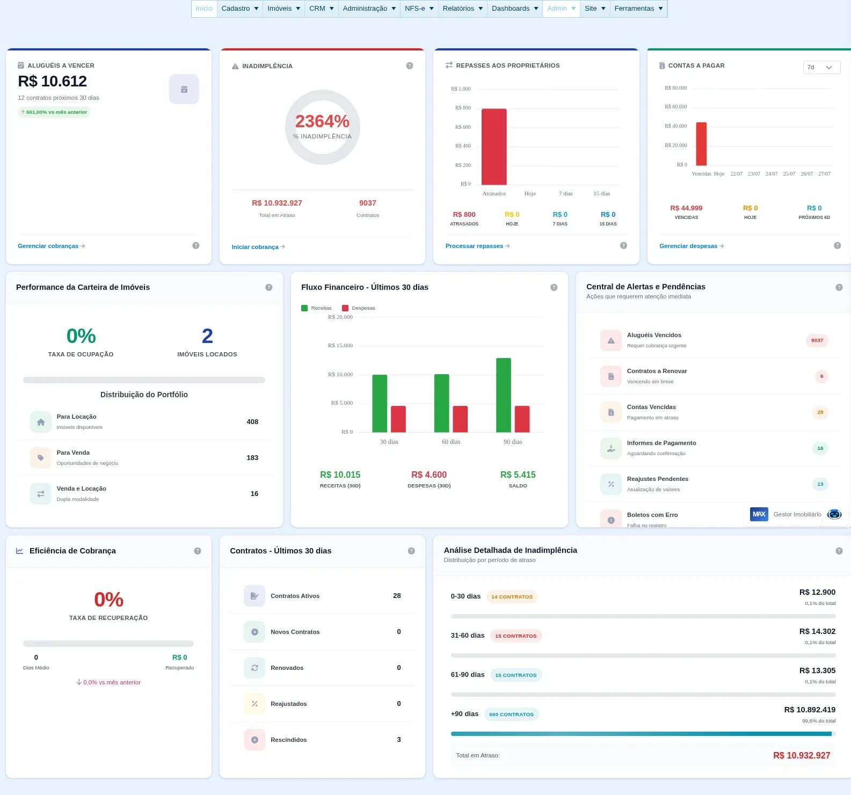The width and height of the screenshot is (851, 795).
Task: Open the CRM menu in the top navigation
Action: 321,9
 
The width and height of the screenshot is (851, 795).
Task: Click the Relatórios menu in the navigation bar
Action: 462,9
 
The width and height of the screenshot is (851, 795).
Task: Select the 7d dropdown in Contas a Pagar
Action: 821,67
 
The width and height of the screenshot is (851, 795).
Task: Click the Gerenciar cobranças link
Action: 51,246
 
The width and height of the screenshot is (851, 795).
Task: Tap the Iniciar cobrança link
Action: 258,247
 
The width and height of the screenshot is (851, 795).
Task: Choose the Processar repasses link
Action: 477,246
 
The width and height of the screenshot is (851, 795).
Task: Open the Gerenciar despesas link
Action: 692,246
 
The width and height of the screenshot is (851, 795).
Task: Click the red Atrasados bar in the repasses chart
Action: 494,147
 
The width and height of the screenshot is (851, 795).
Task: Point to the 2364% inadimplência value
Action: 322,121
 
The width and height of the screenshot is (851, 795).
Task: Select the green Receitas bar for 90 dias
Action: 504,395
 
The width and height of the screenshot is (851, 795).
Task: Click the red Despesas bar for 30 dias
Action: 398,419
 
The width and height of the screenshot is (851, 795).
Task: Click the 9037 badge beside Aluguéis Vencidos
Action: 817,340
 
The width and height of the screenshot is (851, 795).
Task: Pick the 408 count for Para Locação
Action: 252,422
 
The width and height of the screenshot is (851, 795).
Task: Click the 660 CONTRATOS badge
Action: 511,714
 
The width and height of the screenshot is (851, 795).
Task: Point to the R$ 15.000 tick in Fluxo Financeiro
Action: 340,346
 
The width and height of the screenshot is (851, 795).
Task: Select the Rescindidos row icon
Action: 254,740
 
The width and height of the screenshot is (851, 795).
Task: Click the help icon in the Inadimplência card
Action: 410,65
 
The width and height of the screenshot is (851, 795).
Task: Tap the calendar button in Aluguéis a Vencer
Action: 184,89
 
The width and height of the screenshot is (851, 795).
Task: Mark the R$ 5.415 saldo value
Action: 518,475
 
